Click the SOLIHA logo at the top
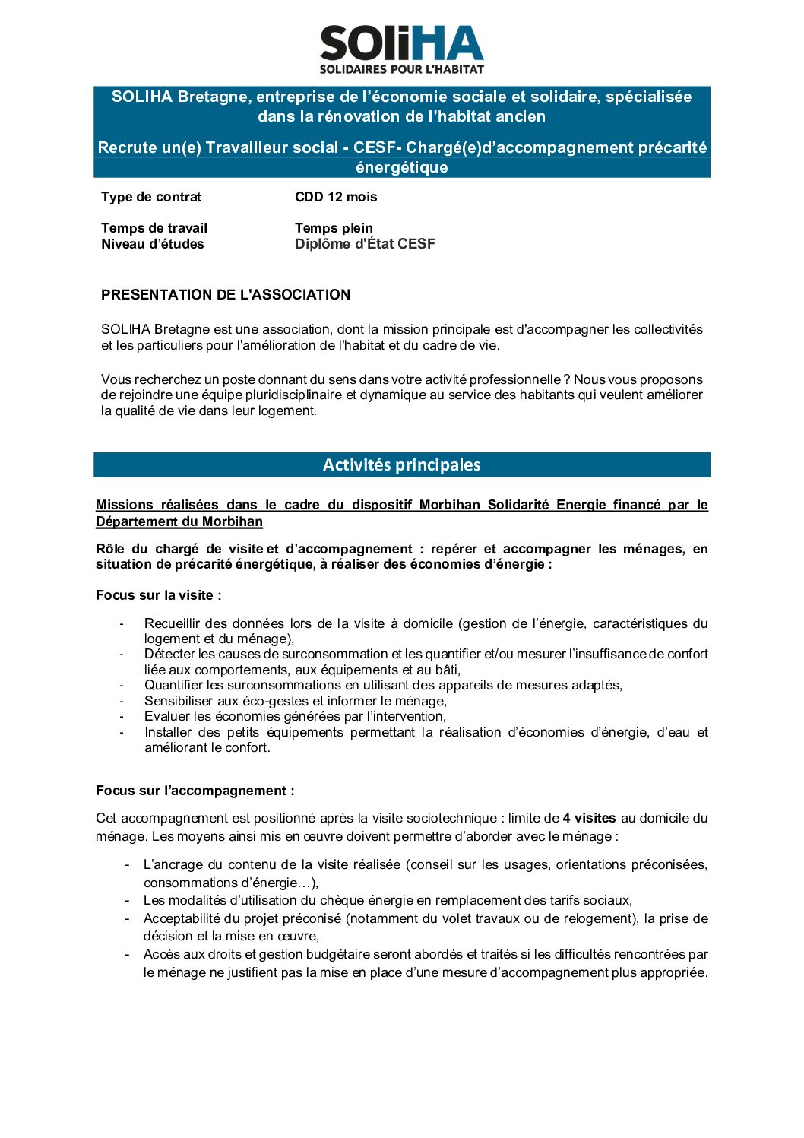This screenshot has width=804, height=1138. click(401, 43)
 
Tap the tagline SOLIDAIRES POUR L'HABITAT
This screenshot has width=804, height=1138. click(401, 69)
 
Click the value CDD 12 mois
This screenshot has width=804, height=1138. click(336, 197)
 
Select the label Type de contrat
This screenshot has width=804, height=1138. click(151, 197)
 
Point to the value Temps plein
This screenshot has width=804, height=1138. click(334, 228)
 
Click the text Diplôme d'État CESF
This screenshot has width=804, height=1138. click(365, 244)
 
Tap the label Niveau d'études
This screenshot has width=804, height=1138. click(153, 244)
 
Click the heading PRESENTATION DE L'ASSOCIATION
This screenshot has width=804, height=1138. click(226, 295)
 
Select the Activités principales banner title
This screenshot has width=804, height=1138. click(401, 464)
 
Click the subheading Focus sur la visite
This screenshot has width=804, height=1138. click(158, 595)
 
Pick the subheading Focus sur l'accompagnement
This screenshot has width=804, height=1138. click(195, 791)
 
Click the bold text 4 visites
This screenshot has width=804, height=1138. click(589, 818)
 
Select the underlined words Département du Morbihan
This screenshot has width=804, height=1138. click(179, 521)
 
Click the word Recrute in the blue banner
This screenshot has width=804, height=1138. click(122, 147)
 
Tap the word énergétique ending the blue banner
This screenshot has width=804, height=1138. click(401, 167)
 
